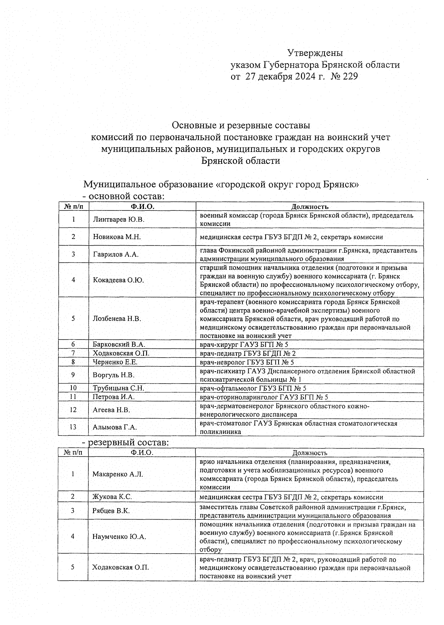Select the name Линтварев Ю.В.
pos(118,219)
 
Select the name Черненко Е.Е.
pos(115,362)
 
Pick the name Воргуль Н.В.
pos(113,375)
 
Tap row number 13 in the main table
pos(73,427)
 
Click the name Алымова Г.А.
pos(115,427)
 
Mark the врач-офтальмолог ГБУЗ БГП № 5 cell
pos(253,388)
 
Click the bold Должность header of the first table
pos(310,207)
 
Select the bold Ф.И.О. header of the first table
pos(142,206)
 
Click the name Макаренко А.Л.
pos(118,474)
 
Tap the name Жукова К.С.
pos(112,497)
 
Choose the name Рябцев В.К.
pos(111,511)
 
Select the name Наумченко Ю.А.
pos(119,536)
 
